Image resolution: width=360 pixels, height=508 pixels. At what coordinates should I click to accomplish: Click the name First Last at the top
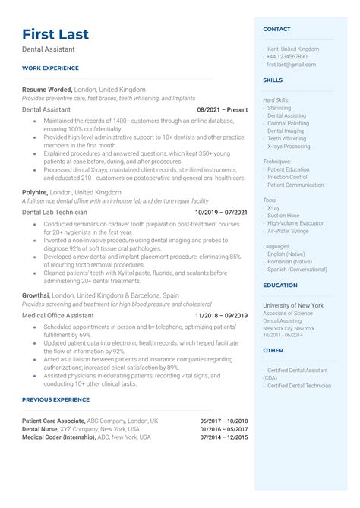pyautogui.click(x=55, y=34)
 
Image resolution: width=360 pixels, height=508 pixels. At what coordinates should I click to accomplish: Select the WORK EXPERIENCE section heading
pyautogui.click(x=49, y=68)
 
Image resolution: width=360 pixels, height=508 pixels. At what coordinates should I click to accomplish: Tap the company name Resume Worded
pyautogui.click(x=47, y=89)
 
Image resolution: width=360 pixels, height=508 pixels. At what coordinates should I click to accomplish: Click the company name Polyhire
pyautogui.click(x=35, y=192)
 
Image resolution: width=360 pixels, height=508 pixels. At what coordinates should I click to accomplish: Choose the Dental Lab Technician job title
pyautogui.click(x=55, y=212)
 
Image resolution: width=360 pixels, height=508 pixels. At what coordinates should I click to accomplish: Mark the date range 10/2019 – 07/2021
pyautogui.click(x=221, y=213)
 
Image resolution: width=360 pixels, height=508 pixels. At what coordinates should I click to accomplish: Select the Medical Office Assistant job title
pyautogui.click(x=60, y=315)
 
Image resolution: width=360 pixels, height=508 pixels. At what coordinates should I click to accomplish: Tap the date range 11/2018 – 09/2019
pyautogui.click(x=221, y=315)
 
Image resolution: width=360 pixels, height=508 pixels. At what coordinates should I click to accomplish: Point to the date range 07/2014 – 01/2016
pyautogui.click(x=224, y=437)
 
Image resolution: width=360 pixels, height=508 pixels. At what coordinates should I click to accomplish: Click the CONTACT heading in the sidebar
pyautogui.click(x=276, y=29)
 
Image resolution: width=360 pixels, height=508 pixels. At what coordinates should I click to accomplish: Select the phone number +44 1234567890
pyautogui.click(x=287, y=56)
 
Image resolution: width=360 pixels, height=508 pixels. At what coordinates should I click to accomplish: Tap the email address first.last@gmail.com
pyautogui.click(x=291, y=65)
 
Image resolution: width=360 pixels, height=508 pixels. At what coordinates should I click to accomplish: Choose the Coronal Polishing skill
pyautogui.click(x=288, y=123)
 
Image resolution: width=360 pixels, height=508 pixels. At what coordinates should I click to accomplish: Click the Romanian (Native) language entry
pyautogui.click(x=289, y=260)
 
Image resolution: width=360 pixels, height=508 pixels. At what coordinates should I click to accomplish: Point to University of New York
pyautogui.click(x=293, y=304)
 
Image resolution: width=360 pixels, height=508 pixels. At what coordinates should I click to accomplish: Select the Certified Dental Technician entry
pyautogui.click(x=299, y=386)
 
